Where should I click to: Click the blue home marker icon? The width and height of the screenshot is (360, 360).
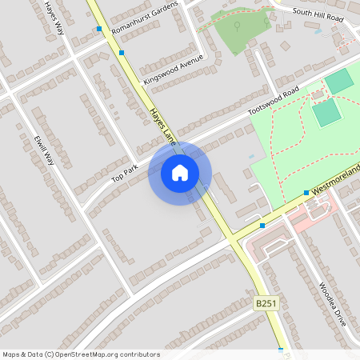(x=180, y=173)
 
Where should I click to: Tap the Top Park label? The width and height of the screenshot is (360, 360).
(x=125, y=171)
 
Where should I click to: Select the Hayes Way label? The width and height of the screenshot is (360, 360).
(x=54, y=17)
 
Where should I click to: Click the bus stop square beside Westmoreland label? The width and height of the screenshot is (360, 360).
(x=306, y=193)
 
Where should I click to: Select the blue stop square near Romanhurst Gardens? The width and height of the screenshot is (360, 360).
(x=99, y=29)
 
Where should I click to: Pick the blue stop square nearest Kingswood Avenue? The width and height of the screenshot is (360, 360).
(x=122, y=53)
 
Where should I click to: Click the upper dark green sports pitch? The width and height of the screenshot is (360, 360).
(x=339, y=81)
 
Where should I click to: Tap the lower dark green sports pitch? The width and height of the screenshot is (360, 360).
(x=326, y=113)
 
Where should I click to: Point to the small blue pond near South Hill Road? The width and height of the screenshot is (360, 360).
(x=318, y=31)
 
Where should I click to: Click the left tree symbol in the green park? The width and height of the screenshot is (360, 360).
(x=237, y=24)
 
